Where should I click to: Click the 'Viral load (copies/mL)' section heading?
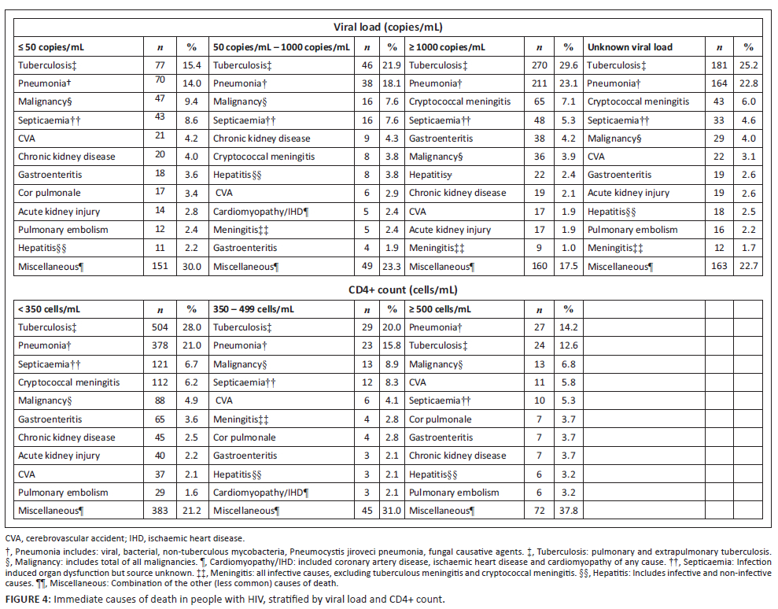coord(389,26)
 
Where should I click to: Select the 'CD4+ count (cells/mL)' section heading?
coord(389,290)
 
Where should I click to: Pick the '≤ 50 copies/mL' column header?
coord(51,47)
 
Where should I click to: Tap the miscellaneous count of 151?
coord(160,267)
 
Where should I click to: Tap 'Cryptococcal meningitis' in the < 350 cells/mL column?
coord(68,382)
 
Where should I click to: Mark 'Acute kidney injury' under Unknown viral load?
coord(628,193)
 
